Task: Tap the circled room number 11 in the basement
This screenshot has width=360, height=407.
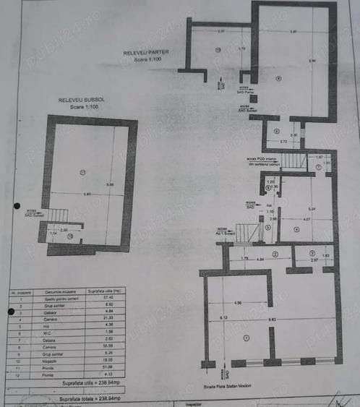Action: tap(84, 171)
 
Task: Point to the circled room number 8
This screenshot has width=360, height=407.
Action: tap(278, 78)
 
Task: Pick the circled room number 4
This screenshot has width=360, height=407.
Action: tap(296, 229)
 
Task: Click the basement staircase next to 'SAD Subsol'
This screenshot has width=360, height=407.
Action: tap(59, 214)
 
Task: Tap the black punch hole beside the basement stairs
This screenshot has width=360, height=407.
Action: tap(17, 206)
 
